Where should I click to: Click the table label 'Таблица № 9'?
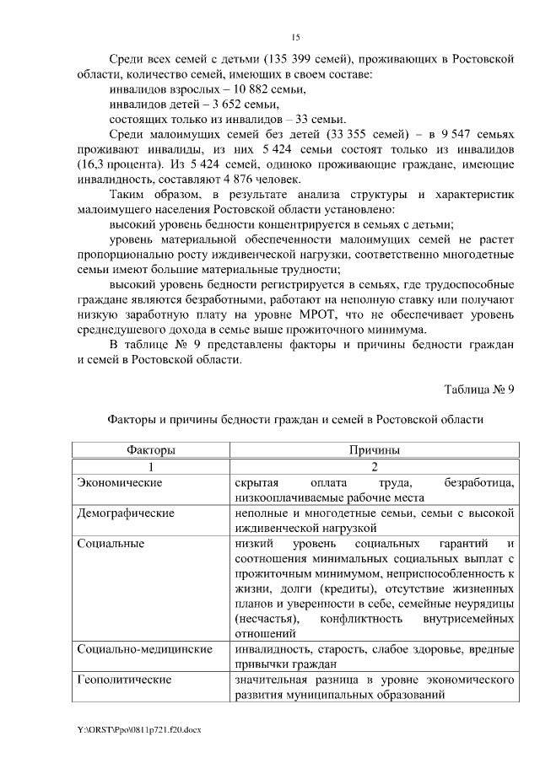tap(479, 389)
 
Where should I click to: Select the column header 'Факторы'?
tap(152, 451)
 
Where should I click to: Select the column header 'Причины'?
tap(375, 451)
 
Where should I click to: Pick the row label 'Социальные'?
tap(110, 544)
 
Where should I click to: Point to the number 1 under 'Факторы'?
tap(152, 466)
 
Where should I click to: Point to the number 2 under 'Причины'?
tap(375, 466)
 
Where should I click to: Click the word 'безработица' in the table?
tap(478, 482)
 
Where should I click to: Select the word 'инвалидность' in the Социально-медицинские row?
tap(273, 650)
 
